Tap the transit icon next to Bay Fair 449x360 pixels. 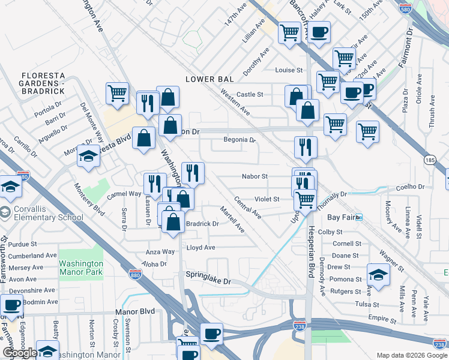pyautogui.click(x=359, y=217)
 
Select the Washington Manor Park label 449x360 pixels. pyautogui.click(x=81, y=268)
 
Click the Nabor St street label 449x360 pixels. pyautogui.click(x=254, y=176)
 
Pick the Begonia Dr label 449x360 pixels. pyautogui.click(x=240, y=140)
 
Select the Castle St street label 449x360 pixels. pyautogui.click(x=250, y=94)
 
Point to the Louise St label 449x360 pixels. pyautogui.click(x=289, y=70)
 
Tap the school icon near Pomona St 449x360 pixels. pyautogui.click(x=378, y=274)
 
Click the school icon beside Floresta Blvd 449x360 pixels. pyautogui.click(x=88, y=157)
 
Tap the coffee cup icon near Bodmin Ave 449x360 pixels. pyautogui.click(x=12, y=304)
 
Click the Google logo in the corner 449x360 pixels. pyautogui.click(x=20, y=353)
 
